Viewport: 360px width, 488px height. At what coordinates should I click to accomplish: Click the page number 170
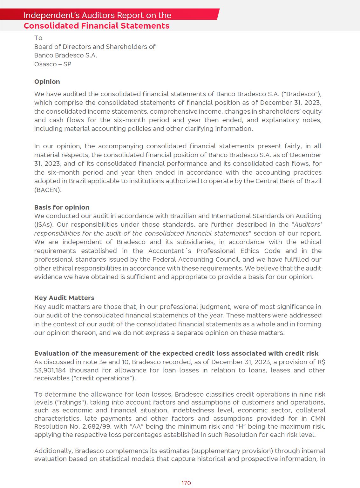coord(186,483)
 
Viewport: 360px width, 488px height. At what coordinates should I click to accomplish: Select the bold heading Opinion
coord(47,82)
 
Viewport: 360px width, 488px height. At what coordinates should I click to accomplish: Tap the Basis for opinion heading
coord(62,207)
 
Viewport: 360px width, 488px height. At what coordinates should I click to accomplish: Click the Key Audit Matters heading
coord(64,298)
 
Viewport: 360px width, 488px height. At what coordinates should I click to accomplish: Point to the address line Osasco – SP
coord(53,64)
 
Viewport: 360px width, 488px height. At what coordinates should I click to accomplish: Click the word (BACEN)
coord(48,190)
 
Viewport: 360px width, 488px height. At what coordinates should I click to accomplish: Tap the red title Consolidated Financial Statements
coord(97,26)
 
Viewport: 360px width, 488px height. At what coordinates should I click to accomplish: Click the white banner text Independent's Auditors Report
coord(97,15)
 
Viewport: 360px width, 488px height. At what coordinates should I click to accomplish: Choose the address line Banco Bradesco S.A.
coord(65,55)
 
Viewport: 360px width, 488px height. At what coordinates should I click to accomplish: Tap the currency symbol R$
coord(321,362)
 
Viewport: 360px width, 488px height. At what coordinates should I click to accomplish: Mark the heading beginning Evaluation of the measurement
coord(176,353)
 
